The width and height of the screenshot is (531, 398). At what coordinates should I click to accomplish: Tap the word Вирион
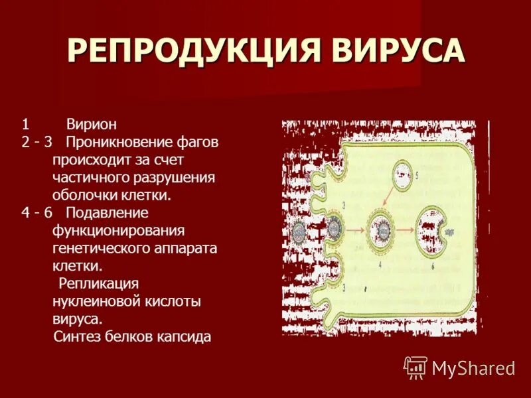coord(92,125)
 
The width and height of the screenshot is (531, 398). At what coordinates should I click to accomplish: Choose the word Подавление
coord(106,213)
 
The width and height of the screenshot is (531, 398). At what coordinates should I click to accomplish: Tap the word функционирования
coord(117,231)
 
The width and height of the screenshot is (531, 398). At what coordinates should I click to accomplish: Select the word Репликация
coord(98,283)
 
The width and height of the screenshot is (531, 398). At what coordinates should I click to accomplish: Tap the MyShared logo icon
coord(416,367)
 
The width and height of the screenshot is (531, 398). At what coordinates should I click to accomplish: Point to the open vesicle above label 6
coord(434,229)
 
